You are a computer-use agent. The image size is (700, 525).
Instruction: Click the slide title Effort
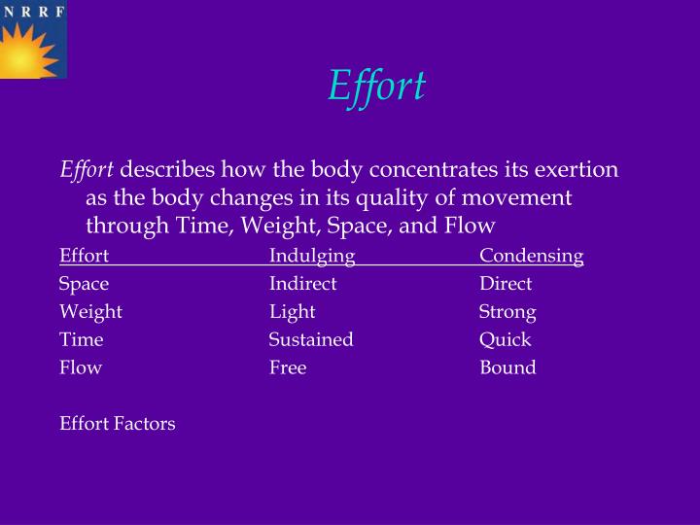(x=376, y=86)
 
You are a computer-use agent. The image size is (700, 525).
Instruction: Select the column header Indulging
(x=312, y=256)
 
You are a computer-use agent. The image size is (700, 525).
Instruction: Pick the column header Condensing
(x=531, y=256)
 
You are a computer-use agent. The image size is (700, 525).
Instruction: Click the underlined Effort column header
(x=84, y=256)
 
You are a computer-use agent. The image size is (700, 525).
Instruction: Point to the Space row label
(x=84, y=284)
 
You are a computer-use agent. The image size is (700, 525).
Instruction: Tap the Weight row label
(x=90, y=312)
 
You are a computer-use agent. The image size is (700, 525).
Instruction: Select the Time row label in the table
(x=81, y=339)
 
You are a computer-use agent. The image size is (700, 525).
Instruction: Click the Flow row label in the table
(x=81, y=367)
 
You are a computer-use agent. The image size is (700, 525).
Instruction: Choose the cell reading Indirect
(x=302, y=284)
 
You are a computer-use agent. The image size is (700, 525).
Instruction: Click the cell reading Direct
(x=506, y=284)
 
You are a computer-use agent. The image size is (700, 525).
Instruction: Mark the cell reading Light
(x=292, y=312)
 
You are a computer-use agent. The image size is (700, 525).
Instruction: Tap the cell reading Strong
(x=507, y=312)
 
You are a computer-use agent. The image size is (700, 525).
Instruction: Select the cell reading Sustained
(x=311, y=339)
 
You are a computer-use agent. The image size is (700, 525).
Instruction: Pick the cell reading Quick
(x=505, y=339)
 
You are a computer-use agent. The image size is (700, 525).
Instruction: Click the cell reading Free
(x=288, y=367)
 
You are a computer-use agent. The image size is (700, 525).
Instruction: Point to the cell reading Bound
(x=507, y=367)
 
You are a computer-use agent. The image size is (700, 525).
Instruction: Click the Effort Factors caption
(x=118, y=424)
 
